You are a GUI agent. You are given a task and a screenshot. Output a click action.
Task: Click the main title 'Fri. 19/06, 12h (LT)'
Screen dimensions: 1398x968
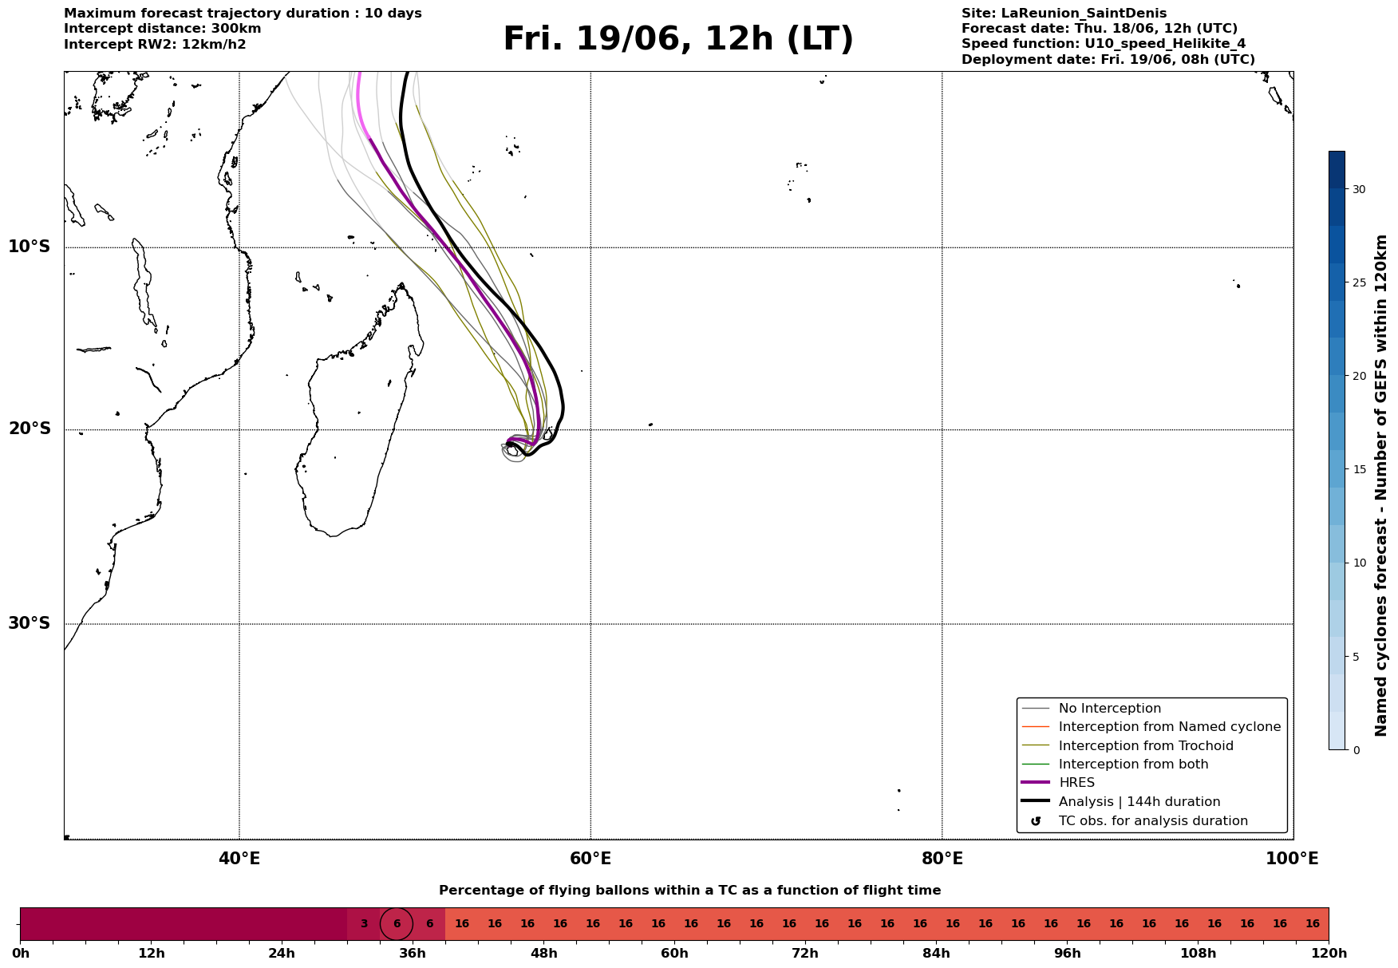[x=678, y=39]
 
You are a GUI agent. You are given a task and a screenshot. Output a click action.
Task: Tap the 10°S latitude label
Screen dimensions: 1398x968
[x=30, y=247]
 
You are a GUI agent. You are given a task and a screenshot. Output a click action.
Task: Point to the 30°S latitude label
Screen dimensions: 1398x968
[x=30, y=623]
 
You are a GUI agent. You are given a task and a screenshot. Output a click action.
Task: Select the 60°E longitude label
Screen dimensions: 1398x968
[x=590, y=859]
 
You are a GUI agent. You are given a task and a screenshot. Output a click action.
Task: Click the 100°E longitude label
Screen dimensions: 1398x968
[x=1292, y=859]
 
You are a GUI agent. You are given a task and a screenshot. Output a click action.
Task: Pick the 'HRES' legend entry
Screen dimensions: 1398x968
[x=1076, y=783]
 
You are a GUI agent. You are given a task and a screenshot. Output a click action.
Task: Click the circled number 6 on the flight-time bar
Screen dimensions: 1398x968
[x=397, y=924]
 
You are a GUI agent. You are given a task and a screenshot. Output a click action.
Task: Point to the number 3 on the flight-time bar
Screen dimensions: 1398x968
[x=364, y=924]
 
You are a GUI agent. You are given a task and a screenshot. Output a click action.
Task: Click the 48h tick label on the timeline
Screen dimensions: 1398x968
[x=544, y=954]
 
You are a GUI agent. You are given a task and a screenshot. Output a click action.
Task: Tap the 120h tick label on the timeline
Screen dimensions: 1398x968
[x=1329, y=954]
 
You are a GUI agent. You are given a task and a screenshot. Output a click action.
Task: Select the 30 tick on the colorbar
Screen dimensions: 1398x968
[x=1358, y=189]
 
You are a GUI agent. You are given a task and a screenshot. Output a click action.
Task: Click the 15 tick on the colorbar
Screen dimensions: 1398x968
[x=1358, y=469]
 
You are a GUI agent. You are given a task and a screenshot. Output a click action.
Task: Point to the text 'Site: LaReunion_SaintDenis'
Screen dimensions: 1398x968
[x=1064, y=14]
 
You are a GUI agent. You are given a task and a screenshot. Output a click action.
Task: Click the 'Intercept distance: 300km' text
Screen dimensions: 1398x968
[x=163, y=29]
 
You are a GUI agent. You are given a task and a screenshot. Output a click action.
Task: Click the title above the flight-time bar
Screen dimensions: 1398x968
[x=690, y=891]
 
